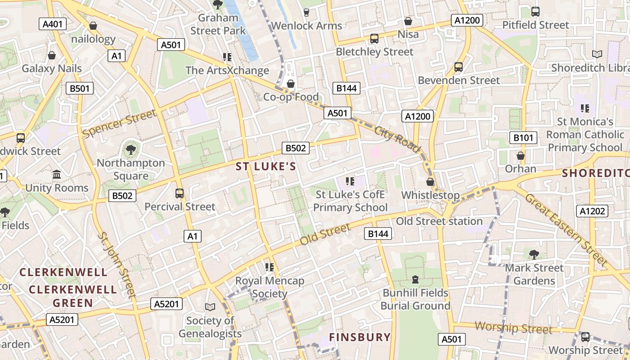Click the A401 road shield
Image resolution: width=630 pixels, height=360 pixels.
click(52, 24)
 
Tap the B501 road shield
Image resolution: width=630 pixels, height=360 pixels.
click(79, 88)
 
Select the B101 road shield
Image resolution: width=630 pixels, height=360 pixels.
click(523, 138)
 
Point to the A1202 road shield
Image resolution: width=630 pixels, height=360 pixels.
click(592, 211)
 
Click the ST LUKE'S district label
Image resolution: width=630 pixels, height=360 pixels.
click(266, 166)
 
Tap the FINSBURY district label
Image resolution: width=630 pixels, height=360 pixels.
click(360, 337)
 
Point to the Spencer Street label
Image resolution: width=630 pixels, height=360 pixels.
click(119, 123)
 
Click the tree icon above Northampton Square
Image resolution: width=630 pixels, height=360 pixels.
click(131, 149)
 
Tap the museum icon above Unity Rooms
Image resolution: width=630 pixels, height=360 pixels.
click(57, 174)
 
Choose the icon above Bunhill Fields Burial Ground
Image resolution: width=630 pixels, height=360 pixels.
click(415, 279)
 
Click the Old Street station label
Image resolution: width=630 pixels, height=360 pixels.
click(439, 221)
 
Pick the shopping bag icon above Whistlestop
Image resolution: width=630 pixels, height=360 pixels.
click(430, 182)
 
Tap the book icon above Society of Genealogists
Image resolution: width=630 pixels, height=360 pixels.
click(210, 307)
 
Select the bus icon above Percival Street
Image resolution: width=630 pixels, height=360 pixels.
click(180, 193)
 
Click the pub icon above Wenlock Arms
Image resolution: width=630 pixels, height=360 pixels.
click(306, 12)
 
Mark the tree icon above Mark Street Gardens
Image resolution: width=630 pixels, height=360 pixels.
click(534, 255)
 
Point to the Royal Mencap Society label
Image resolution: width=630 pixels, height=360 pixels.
click(270, 287)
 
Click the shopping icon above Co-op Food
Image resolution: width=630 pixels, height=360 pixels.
click(291, 84)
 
